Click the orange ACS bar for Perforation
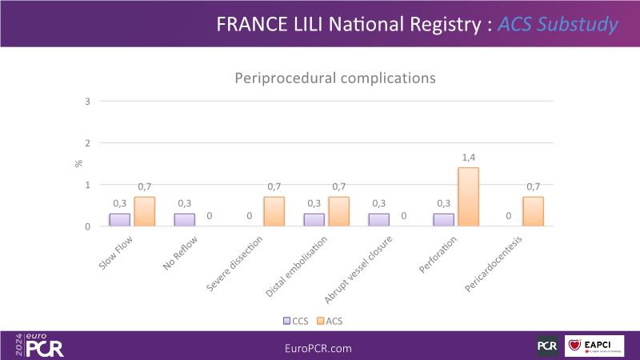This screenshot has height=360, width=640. [468, 197]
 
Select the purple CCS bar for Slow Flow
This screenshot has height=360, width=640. [120, 220]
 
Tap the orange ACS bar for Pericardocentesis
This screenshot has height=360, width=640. [533, 212]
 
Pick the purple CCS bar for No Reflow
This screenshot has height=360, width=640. [185, 220]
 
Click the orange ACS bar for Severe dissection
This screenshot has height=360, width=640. [274, 212]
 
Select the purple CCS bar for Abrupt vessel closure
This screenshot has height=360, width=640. [378, 220]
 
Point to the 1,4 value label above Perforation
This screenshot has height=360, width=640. [468, 158]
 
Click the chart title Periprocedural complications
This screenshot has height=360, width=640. [334, 78]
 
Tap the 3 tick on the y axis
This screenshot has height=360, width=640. [87, 101]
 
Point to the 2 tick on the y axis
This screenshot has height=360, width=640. [87, 143]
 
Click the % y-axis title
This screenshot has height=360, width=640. [78, 163]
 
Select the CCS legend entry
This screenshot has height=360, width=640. [295, 321]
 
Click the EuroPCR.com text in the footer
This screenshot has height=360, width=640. [318, 348]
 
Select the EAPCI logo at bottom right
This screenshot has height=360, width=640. [594, 346]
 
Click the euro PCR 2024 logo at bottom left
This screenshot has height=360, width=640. [40, 345]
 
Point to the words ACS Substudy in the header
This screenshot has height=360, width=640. [558, 24]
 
